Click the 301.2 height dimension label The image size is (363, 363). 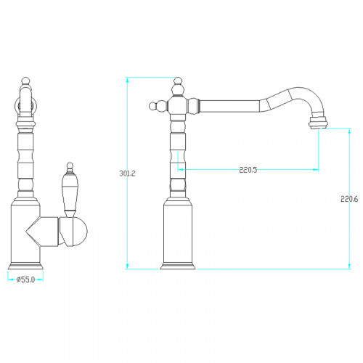point(127,174)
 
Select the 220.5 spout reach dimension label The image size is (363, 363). point(248,170)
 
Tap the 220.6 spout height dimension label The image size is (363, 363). point(349,199)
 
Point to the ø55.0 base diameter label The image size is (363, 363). point(25,280)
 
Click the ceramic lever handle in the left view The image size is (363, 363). point(70,192)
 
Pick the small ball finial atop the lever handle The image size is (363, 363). point(70,166)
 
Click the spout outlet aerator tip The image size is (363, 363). point(318,123)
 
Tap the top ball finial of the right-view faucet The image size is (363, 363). point(178,81)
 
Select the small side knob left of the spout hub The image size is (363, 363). point(152,106)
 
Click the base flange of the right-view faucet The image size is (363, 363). point(178,266)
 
